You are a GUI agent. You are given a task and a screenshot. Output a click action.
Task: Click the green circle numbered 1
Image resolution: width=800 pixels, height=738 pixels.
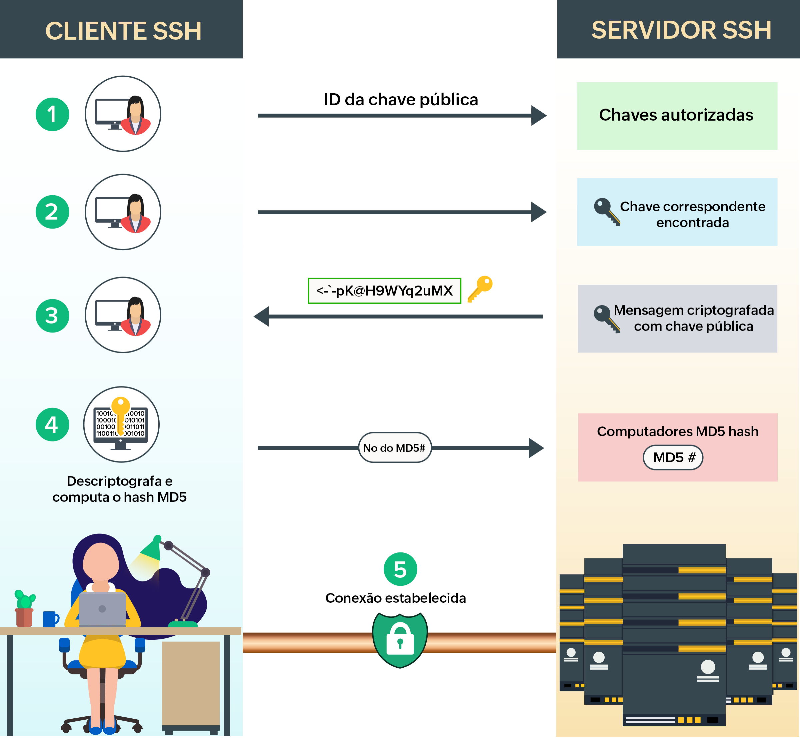click(52, 114)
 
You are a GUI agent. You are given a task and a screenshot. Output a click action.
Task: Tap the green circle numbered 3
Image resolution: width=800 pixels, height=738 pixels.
click(52, 316)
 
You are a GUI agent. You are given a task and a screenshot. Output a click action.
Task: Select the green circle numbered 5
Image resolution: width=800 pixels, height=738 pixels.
click(400, 569)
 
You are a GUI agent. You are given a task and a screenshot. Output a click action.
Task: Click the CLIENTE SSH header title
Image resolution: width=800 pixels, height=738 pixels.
click(123, 31)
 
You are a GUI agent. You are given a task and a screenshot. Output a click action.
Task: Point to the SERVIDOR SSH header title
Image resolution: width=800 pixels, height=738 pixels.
click(681, 30)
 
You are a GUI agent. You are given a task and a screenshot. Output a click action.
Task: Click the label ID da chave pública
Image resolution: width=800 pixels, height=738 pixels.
click(400, 99)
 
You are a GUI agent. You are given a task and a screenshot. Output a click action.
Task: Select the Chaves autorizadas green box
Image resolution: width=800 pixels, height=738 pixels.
click(677, 116)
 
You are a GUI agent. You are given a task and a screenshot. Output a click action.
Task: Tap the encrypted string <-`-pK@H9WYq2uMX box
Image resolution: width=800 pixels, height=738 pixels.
click(384, 291)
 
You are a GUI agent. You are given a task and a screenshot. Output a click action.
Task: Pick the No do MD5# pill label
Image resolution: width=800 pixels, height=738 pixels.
click(394, 448)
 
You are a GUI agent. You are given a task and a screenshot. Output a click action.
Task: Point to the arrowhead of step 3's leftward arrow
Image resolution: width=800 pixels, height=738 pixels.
click(262, 316)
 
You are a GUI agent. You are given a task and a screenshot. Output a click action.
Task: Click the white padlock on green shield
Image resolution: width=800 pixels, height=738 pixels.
click(400, 638)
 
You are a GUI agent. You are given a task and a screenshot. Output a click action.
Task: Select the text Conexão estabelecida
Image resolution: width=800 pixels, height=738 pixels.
click(395, 598)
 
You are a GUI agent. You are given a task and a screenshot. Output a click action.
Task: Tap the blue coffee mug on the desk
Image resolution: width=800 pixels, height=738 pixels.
click(50, 619)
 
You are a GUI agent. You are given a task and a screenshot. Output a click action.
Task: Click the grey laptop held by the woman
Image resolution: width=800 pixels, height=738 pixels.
click(102, 609)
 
